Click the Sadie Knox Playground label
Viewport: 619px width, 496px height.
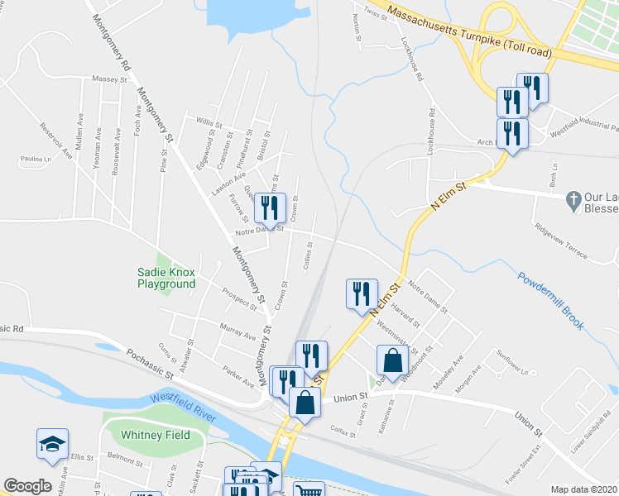coord(166,278)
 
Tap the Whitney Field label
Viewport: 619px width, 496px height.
coord(156,435)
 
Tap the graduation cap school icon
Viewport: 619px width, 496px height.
coord(52,443)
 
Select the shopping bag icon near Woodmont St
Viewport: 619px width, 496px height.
coord(392,360)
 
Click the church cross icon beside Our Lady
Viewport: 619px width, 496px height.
coord(571,198)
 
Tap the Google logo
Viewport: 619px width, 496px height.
coord(27,486)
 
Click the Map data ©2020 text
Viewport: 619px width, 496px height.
coord(583,489)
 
